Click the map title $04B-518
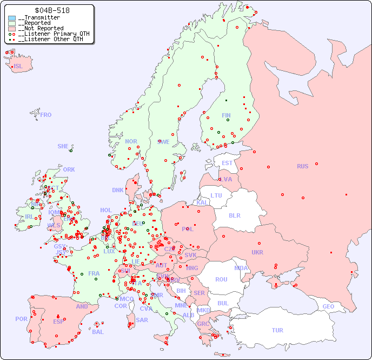[x=52, y=10]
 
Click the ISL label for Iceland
[x=18, y=67]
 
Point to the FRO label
[x=46, y=115]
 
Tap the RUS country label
[x=302, y=166]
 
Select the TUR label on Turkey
[x=277, y=330]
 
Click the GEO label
[x=328, y=306]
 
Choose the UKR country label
[x=257, y=252]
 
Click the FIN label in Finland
[x=226, y=115]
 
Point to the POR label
[x=21, y=319]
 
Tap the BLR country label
[x=234, y=215]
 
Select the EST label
[x=227, y=163]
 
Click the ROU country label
[x=221, y=279]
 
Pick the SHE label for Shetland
[x=63, y=146]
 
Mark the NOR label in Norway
[x=131, y=141]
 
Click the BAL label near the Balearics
[x=98, y=332]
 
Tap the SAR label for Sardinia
[x=142, y=320]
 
